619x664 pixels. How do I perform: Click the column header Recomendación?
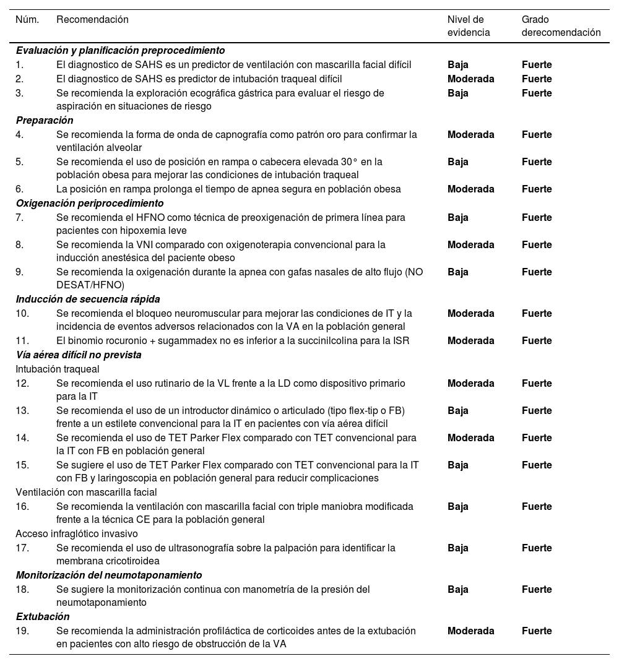92,20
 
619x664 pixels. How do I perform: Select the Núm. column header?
27,20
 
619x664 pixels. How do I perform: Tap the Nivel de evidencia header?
469,26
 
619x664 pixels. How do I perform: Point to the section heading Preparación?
45,120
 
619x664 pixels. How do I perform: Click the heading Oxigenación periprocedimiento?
90,203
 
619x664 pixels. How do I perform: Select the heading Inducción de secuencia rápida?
88,299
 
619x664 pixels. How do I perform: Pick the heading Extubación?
43,616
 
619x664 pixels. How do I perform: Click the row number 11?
22,340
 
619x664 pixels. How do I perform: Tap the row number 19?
22,631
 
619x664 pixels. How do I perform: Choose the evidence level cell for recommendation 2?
470,79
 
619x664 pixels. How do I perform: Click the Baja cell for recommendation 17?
458,548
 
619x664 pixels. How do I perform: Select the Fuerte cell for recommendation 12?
537,383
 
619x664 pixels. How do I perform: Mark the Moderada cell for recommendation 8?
470,244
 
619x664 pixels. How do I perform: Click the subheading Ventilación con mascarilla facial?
86,492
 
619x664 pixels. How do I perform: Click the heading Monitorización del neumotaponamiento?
109,575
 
